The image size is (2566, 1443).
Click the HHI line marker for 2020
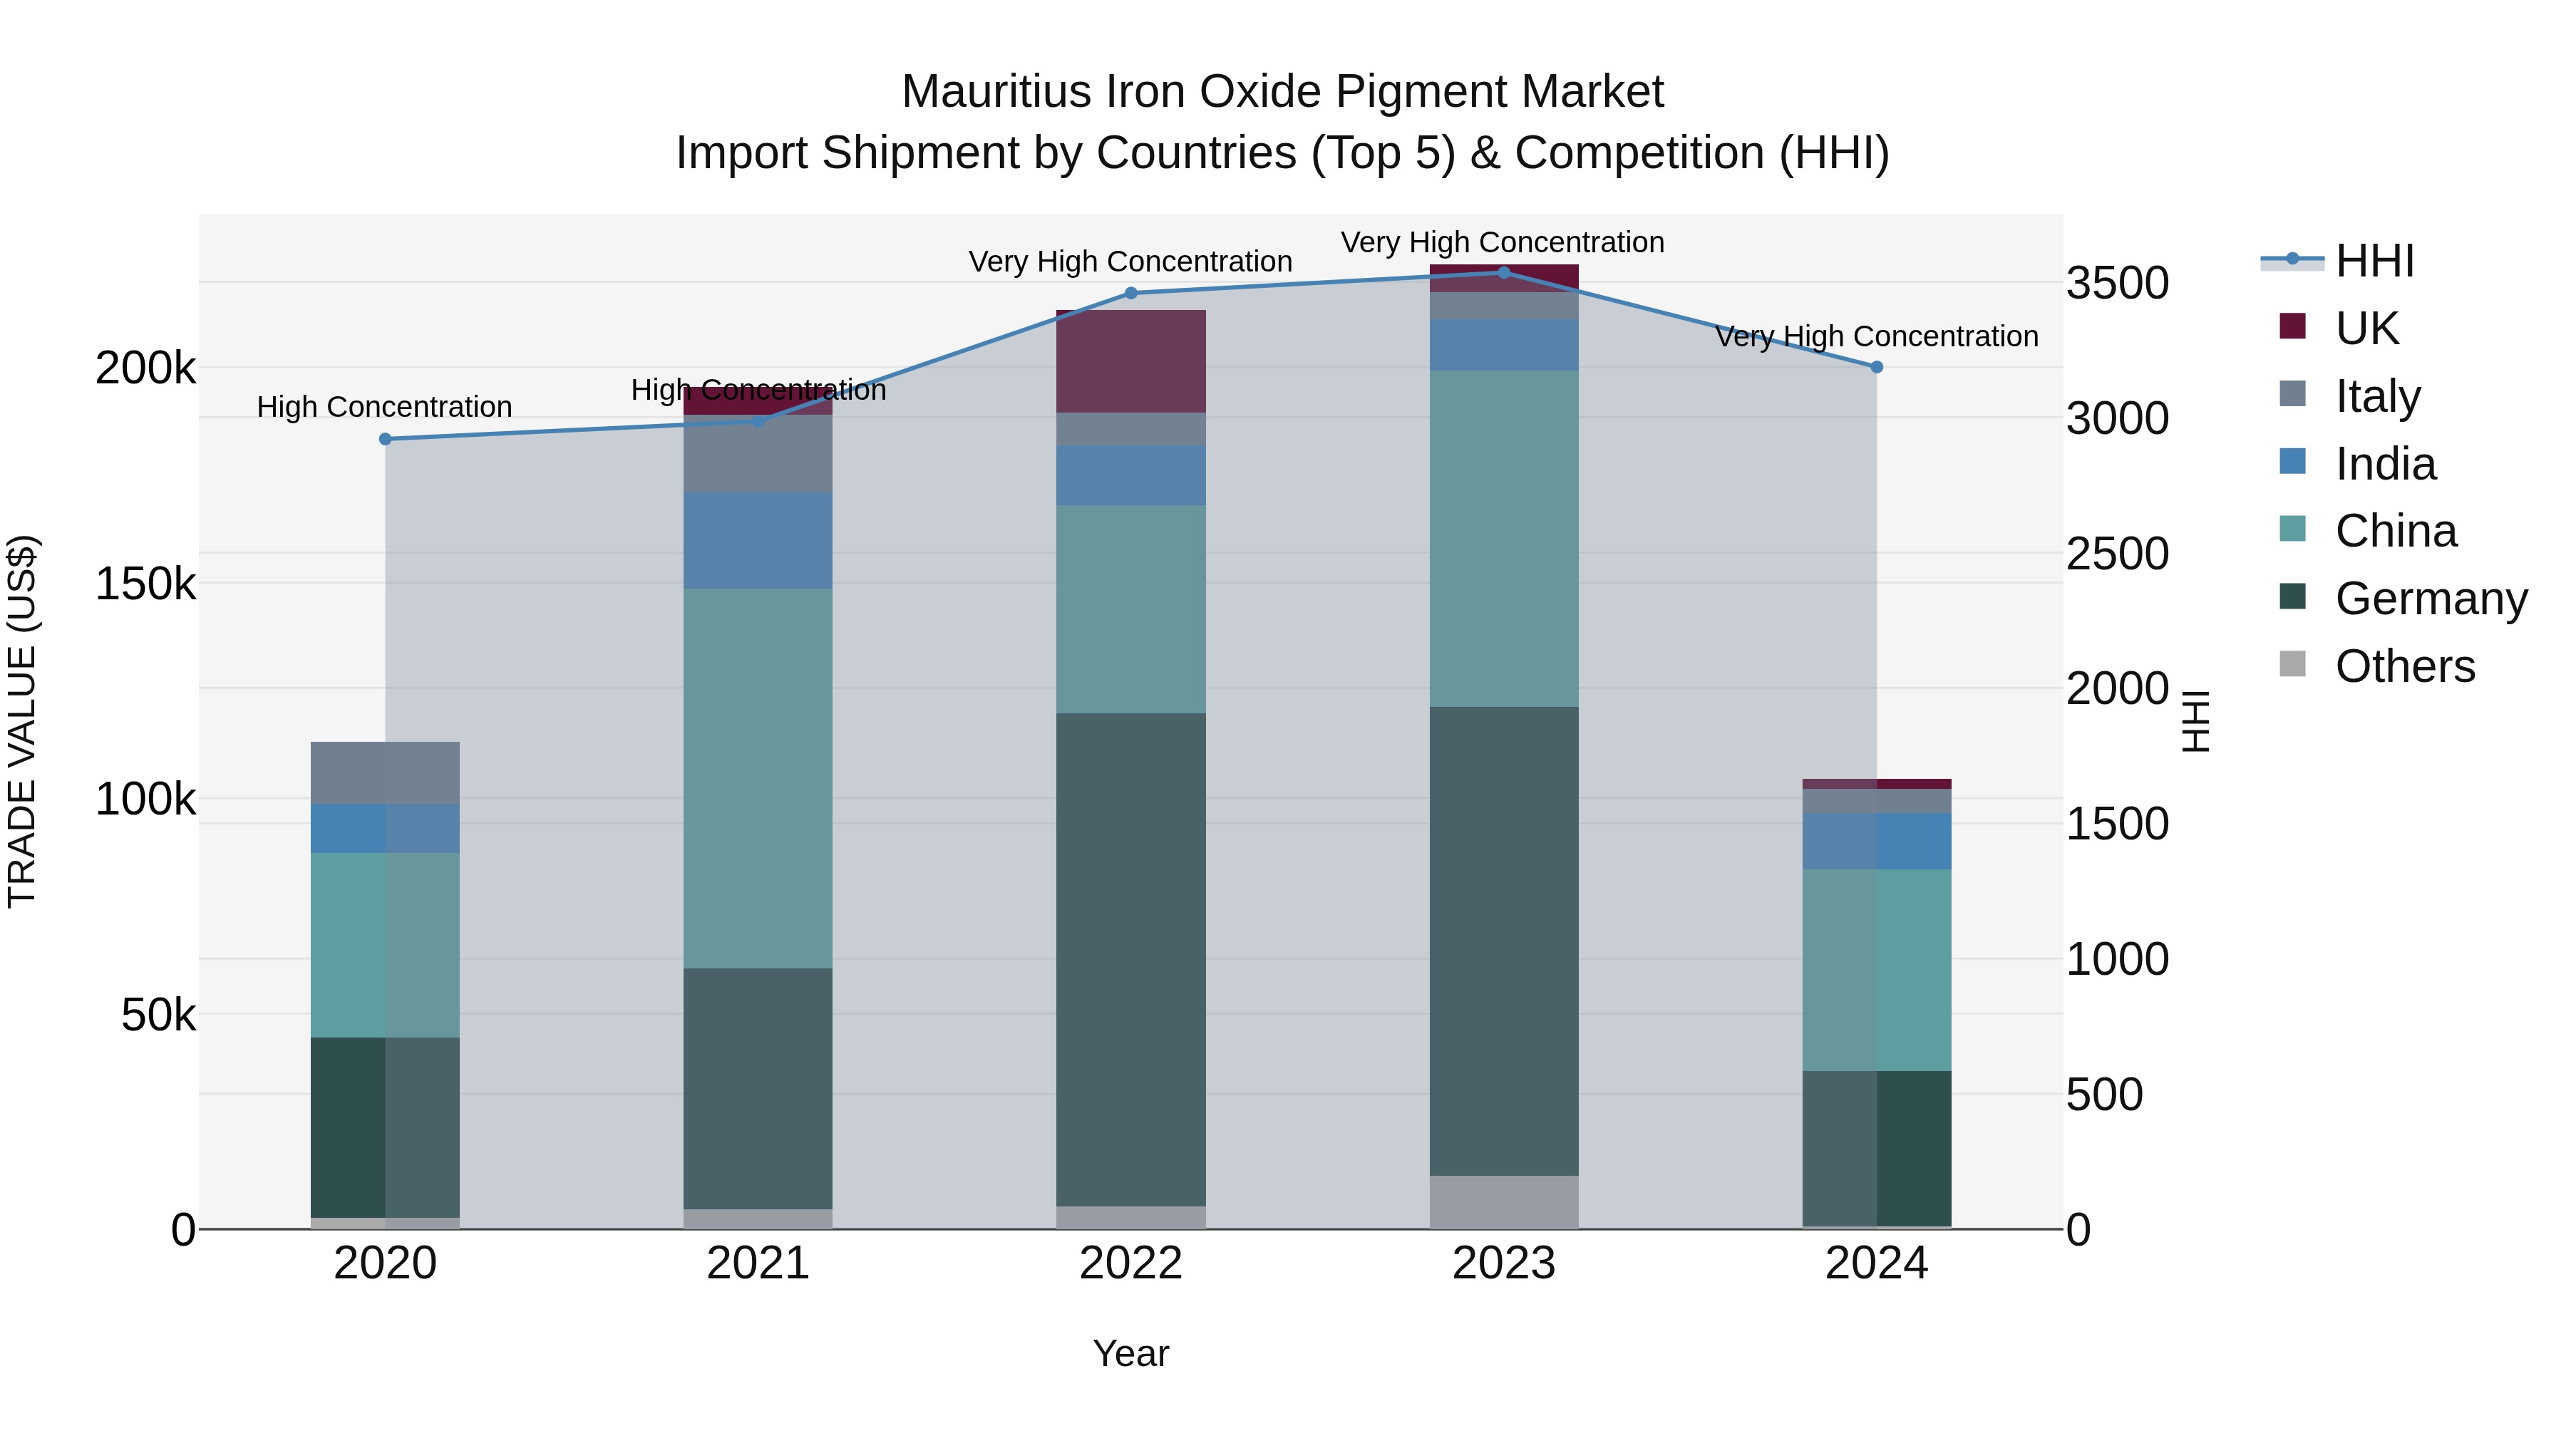(386, 439)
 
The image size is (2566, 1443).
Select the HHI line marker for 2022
(1130, 294)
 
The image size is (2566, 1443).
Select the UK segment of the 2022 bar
(1130, 361)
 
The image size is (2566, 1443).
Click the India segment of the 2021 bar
(758, 541)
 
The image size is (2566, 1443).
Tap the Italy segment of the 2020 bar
(386, 772)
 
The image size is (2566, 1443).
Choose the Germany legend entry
(2431, 599)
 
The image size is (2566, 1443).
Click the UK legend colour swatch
(2292, 326)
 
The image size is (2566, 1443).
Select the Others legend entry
(2405, 666)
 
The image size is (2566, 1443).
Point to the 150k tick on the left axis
(145, 584)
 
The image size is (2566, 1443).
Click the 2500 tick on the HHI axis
(2117, 554)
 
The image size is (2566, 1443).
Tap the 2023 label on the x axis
(1504, 1263)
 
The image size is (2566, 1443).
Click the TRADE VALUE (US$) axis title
(23, 721)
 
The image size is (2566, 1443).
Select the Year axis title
(1130, 1353)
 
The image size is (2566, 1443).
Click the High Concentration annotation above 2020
(384, 408)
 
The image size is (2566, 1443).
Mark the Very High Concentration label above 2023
(1502, 242)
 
